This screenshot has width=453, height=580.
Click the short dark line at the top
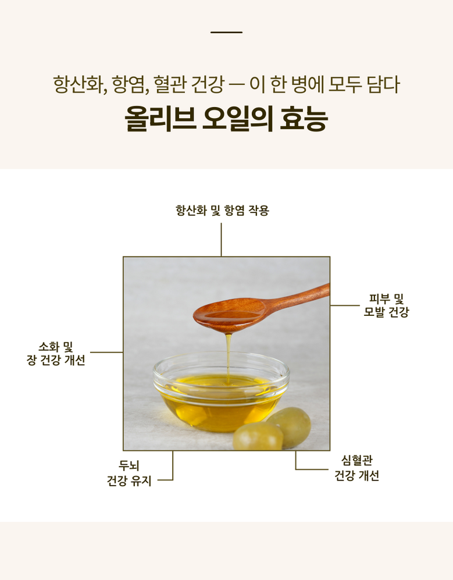tap(226, 32)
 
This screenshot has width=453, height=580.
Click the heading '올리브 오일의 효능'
tap(226, 119)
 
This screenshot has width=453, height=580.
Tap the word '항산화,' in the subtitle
tap(80, 85)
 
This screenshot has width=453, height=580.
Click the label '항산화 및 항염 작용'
tap(222, 211)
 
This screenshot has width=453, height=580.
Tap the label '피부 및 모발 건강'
tap(386, 305)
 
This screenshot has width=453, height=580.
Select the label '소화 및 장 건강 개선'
tap(56, 353)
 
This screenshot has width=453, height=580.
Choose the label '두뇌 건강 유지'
tap(129, 473)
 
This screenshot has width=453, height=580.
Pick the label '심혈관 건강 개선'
tap(357, 468)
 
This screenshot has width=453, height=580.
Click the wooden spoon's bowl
tap(229, 314)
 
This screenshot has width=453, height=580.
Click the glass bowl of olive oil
tap(221, 392)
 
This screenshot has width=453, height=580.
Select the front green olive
tap(258, 437)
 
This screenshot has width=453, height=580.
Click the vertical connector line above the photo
tap(221, 239)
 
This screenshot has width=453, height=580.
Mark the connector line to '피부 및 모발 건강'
tap(345, 305)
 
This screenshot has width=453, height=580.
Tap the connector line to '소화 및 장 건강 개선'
tap(106, 353)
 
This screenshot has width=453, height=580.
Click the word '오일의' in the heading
tap(237, 119)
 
